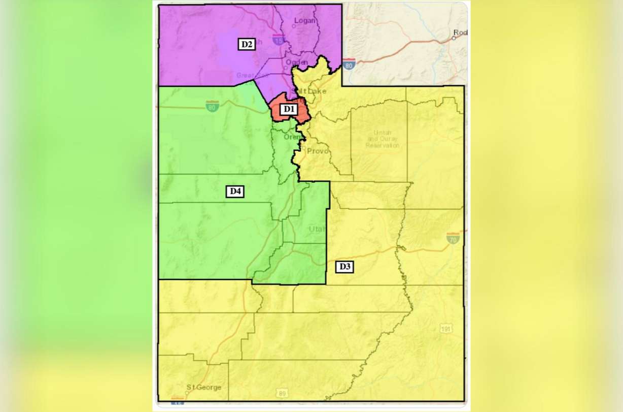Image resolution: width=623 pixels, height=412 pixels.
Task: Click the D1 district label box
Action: (x=288, y=109)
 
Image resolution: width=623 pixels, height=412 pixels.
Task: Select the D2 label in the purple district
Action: (x=247, y=44)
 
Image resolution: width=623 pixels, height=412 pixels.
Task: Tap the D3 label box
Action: (x=344, y=266)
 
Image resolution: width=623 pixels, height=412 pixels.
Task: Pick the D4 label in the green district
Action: (x=235, y=191)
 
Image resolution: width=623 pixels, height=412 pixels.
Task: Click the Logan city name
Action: (x=306, y=21)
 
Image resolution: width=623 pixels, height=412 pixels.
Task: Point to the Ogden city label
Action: (x=297, y=62)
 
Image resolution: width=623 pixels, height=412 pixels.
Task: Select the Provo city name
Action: (x=318, y=151)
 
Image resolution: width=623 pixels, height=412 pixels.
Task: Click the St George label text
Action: (x=205, y=388)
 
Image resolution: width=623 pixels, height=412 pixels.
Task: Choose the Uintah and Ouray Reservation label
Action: (x=383, y=139)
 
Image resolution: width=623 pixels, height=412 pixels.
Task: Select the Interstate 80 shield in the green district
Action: (x=213, y=105)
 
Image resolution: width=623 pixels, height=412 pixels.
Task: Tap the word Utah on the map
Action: (x=318, y=229)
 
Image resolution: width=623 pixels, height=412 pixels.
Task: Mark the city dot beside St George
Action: (x=187, y=392)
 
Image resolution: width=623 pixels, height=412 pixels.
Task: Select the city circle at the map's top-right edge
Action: (x=454, y=38)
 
